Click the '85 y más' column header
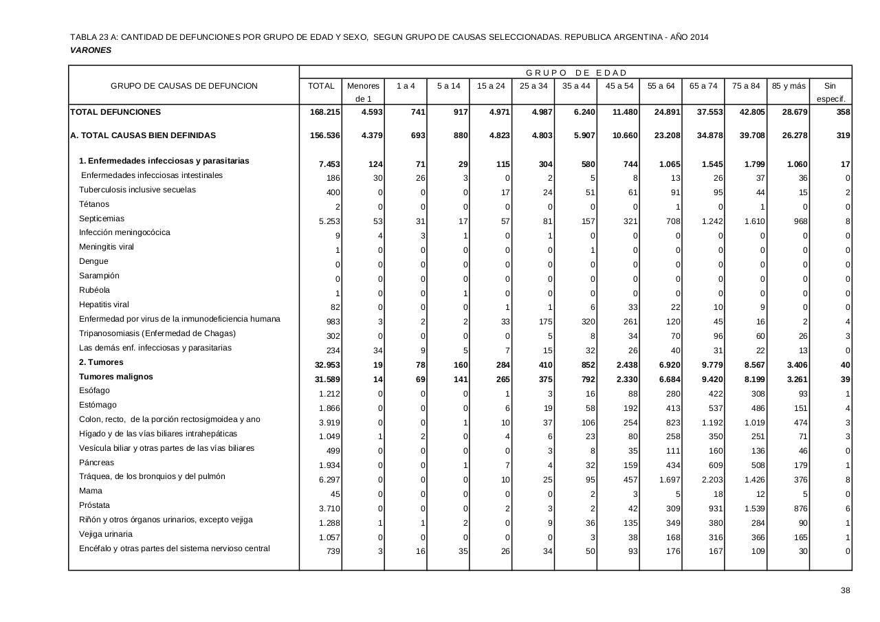click(x=788, y=86)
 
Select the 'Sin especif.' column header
click(x=830, y=92)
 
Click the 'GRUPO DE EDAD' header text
click(x=576, y=73)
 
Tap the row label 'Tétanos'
click(x=94, y=204)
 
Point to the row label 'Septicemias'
click(x=102, y=219)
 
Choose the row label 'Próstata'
click(x=94, y=505)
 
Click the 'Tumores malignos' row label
click(x=116, y=377)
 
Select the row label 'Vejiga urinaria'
click(x=106, y=534)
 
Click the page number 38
click(x=845, y=590)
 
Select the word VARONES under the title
click(x=91, y=50)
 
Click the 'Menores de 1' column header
click(x=363, y=92)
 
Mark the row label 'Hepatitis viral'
click(x=104, y=304)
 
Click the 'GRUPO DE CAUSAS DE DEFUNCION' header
click(x=184, y=86)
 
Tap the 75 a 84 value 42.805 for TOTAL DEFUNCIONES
click(x=747, y=112)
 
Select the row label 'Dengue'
click(x=93, y=261)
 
